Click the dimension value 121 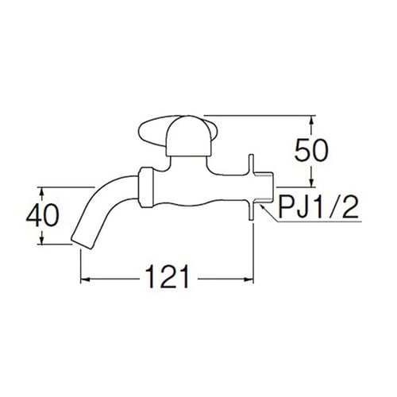[x=168, y=279]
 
